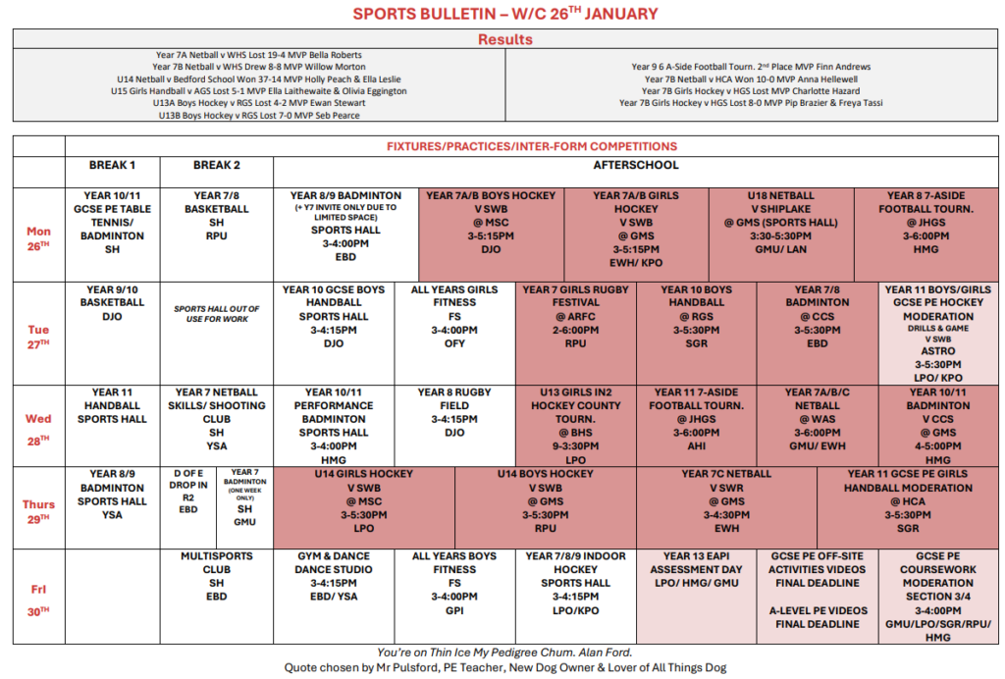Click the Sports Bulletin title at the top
pyautogui.click(x=504, y=14)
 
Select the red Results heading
pyautogui.click(x=504, y=40)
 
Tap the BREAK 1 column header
pyautogui.click(x=112, y=165)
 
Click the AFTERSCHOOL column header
pyautogui.click(x=635, y=165)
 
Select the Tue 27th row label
pyautogui.click(x=38, y=337)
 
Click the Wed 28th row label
pyautogui.click(x=38, y=426)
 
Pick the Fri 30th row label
pyautogui.click(x=38, y=596)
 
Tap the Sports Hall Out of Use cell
pyautogui.click(x=216, y=314)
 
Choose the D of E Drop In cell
pyautogui.click(x=189, y=491)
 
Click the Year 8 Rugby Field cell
pyautogui.click(x=454, y=412)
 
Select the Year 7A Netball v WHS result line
pyautogui.click(x=258, y=55)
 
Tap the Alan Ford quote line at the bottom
pyautogui.click(x=504, y=652)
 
